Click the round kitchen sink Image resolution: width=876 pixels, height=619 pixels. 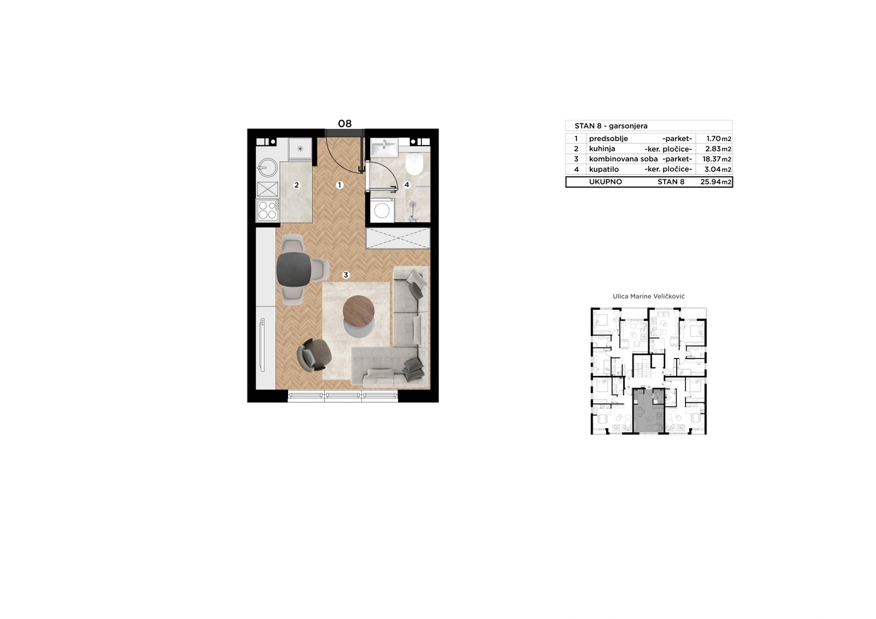point(268,168)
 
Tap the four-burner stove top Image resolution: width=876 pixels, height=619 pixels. point(268,210)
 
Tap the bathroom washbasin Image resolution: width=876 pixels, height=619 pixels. point(384,147)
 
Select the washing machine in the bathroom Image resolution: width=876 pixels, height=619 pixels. point(382,210)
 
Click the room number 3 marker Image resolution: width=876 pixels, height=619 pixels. point(345,275)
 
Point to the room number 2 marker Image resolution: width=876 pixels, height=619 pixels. point(297,186)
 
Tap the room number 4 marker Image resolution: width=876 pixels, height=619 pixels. point(407,185)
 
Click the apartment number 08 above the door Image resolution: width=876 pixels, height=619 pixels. point(345,124)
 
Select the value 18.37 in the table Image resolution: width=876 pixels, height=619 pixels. point(712,159)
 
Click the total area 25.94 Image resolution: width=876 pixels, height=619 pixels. point(711,182)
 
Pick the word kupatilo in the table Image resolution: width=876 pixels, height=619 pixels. point(604,170)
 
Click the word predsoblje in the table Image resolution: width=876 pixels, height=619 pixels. point(608,139)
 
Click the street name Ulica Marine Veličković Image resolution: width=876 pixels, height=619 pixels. point(649,297)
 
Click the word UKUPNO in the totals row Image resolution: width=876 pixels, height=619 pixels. point(606,182)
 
